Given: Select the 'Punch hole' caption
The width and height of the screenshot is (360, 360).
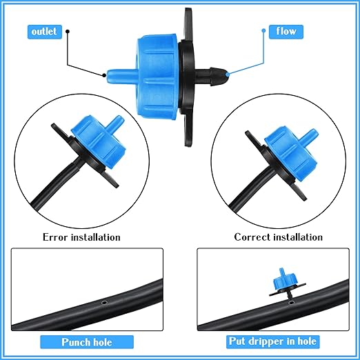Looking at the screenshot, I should [86, 341].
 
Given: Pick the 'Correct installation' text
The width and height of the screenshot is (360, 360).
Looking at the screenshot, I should [278, 237].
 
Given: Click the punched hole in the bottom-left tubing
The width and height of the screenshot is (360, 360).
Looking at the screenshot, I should [103, 301].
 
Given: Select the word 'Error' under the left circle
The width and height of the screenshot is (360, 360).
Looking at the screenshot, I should [58, 237].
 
